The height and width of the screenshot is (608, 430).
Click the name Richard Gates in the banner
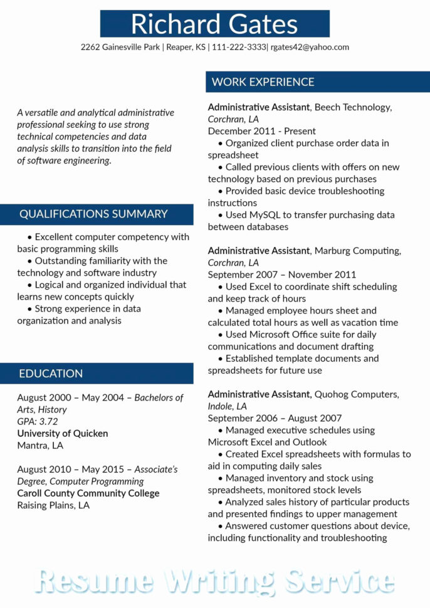click(x=214, y=24)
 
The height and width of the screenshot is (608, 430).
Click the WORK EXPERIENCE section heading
click(x=263, y=82)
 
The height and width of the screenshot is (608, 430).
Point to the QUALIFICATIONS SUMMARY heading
click(x=93, y=214)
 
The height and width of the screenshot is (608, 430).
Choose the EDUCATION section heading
click(x=51, y=374)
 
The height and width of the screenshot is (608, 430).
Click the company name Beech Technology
click(x=353, y=107)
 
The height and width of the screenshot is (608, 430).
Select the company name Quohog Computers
click(x=357, y=394)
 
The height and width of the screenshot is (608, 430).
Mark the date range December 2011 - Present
click(x=262, y=131)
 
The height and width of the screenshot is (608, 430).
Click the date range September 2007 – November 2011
click(x=282, y=275)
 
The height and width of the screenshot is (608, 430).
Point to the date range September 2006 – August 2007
click(x=275, y=418)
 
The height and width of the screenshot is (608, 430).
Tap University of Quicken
click(x=63, y=433)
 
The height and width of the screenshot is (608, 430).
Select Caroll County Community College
click(x=88, y=493)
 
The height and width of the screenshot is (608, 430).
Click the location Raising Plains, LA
click(x=53, y=505)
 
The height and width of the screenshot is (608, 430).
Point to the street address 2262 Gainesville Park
click(x=120, y=47)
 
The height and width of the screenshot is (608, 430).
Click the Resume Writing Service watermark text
click(x=215, y=580)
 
